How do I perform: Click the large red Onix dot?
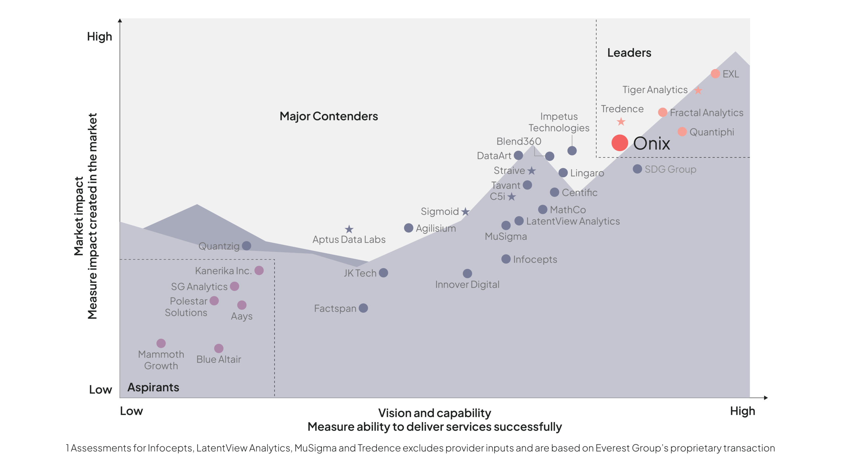(x=620, y=143)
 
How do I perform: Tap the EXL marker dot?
(x=715, y=74)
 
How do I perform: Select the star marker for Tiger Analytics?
(x=698, y=90)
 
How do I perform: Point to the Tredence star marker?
(x=621, y=122)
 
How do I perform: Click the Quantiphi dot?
(x=682, y=132)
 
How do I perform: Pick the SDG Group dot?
(x=637, y=169)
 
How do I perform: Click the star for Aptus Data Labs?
(x=349, y=229)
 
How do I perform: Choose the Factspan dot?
(x=363, y=308)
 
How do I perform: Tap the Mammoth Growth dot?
(x=161, y=343)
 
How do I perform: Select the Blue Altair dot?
(x=219, y=348)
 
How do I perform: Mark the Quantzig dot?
(x=246, y=246)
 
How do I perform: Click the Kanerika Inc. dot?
(x=259, y=270)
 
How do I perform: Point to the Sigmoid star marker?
(x=465, y=212)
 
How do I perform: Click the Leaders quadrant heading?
(x=629, y=53)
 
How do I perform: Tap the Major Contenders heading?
(x=329, y=116)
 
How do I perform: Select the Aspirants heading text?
(x=153, y=387)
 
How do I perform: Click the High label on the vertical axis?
(x=100, y=36)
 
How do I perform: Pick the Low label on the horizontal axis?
(x=131, y=411)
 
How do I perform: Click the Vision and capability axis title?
(x=434, y=413)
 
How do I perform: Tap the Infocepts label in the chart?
(x=535, y=259)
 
